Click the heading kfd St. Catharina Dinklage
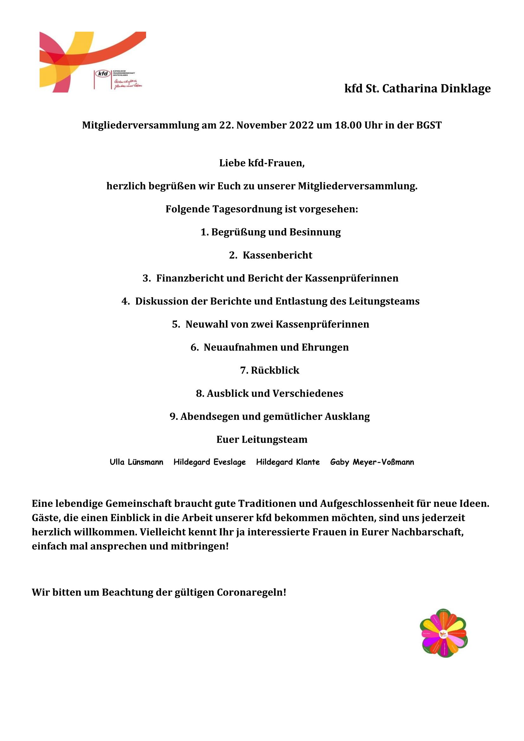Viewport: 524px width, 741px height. (417, 88)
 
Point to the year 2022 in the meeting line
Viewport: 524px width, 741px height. (301, 125)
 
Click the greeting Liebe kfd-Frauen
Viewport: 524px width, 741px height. (262, 163)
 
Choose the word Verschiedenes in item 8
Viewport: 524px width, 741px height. (308, 393)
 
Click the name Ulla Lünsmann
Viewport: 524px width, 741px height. (137, 462)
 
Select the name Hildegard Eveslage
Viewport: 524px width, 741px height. (210, 462)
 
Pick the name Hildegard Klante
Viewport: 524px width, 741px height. (288, 462)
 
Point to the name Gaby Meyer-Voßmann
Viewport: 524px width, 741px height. (372, 462)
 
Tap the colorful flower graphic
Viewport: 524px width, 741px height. (444, 633)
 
